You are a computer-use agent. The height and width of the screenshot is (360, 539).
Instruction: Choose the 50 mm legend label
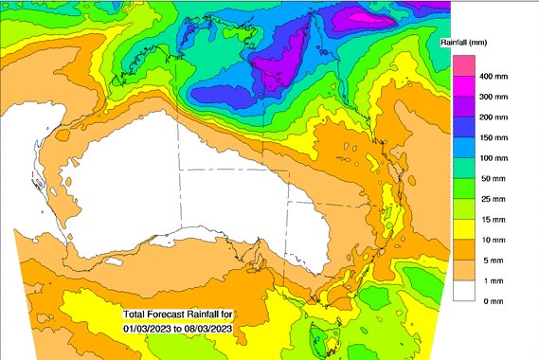click(x=494, y=177)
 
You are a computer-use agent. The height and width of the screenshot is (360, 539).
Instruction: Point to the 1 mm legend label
click(x=492, y=279)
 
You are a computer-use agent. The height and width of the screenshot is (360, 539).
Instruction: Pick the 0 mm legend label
click(x=492, y=300)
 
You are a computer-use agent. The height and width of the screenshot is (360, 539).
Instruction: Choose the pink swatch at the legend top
click(x=462, y=64)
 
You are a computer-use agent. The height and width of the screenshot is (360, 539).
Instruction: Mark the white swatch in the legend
click(x=462, y=290)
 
